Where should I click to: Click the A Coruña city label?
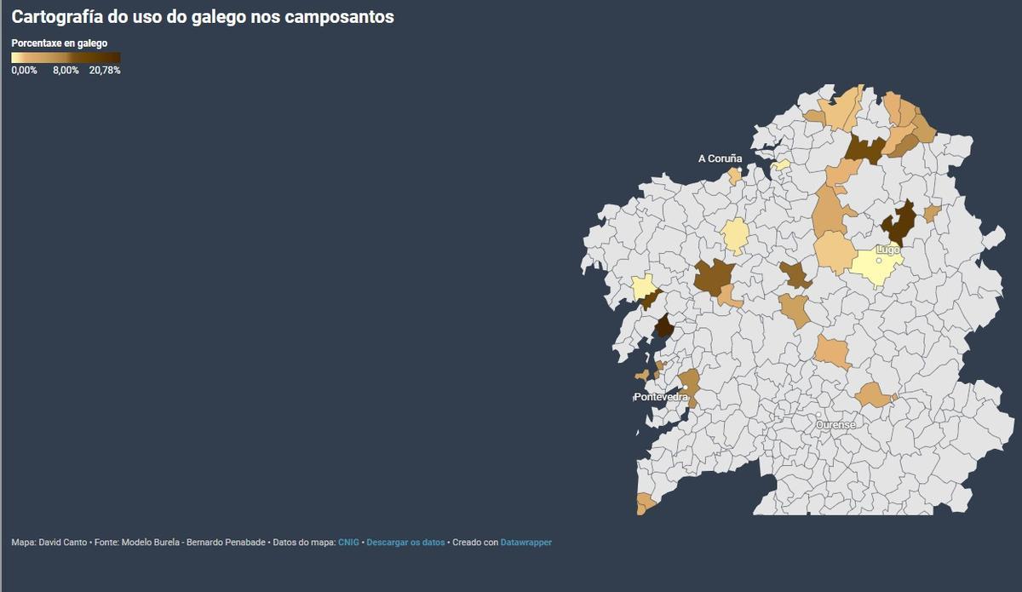coord(720,158)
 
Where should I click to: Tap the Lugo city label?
coord(888,250)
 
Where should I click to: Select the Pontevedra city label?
coord(660,397)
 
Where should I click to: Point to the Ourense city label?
coord(835,424)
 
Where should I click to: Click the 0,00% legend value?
coord(24,71)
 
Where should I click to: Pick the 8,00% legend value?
coord(66,71)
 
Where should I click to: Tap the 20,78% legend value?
coord(105,71)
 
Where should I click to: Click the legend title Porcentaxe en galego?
coord(59,43)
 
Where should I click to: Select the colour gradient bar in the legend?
coord(66,58)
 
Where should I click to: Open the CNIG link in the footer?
coord(348,543)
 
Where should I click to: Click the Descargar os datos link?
coord(405,543)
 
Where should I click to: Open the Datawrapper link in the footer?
coord(525,543)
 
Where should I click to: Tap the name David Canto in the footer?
coord(63,543)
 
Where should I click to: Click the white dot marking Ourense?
coord(818,416)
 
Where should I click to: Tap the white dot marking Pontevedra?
coord(685,388)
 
